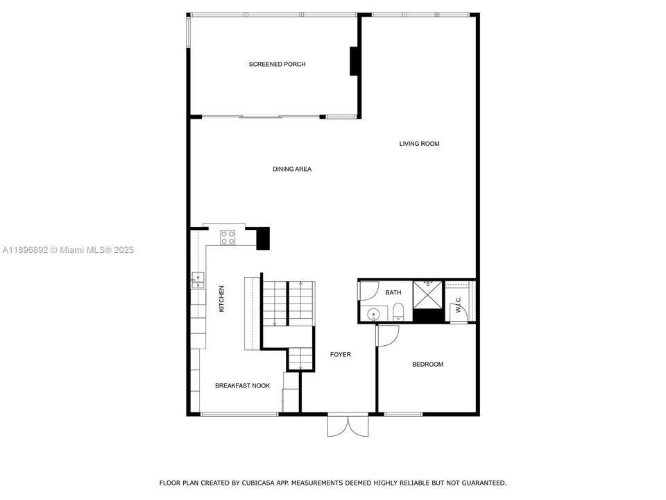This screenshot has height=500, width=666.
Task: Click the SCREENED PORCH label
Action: [277, 65]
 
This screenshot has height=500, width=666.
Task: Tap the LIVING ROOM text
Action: [419, 144]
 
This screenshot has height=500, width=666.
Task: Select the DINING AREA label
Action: [291, 169]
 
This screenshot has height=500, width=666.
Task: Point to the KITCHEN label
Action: [222, 299]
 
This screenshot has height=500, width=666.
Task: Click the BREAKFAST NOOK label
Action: [242, 385]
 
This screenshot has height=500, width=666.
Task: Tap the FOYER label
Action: [340, 355]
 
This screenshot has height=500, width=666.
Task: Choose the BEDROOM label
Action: [427, 365]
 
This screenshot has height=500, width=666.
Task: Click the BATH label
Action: [393, 292]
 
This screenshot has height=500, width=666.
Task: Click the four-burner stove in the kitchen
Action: [228, 237]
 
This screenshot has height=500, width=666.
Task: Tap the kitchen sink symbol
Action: [197, 281]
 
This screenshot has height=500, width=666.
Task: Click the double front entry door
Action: [348, 425]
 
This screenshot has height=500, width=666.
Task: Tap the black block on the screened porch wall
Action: [354, 60]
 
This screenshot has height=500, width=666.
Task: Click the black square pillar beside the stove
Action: [263, 238]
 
